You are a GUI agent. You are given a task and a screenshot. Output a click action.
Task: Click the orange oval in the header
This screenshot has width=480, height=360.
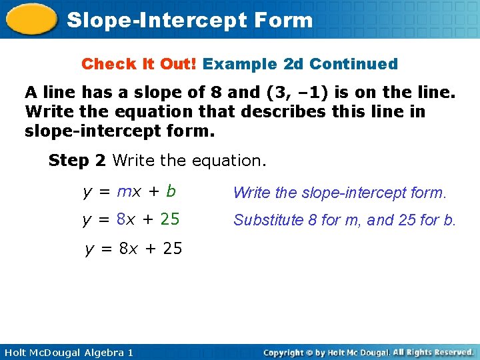(31, 19)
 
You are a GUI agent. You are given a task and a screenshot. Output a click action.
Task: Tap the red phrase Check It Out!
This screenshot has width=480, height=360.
(139, 65)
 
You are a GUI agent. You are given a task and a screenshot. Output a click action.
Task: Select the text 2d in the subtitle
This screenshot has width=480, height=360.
(294, 65)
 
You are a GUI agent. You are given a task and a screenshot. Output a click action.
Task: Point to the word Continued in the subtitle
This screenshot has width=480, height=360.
(353, 65)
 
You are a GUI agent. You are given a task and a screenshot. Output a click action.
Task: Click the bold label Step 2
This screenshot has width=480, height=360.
(79, 161)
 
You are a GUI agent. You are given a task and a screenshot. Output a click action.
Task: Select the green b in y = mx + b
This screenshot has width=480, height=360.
(171, 192)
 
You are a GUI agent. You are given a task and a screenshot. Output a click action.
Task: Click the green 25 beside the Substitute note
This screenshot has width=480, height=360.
(169, 219)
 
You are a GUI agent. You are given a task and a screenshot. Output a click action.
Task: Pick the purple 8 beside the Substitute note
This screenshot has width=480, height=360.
(121, 219)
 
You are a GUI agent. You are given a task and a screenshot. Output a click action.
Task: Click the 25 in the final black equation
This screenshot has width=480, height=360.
(172, 249)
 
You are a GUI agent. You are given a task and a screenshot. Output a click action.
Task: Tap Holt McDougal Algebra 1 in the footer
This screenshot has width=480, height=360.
(67, 352)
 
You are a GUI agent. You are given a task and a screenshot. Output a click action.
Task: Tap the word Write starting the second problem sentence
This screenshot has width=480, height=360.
(46, 111)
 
